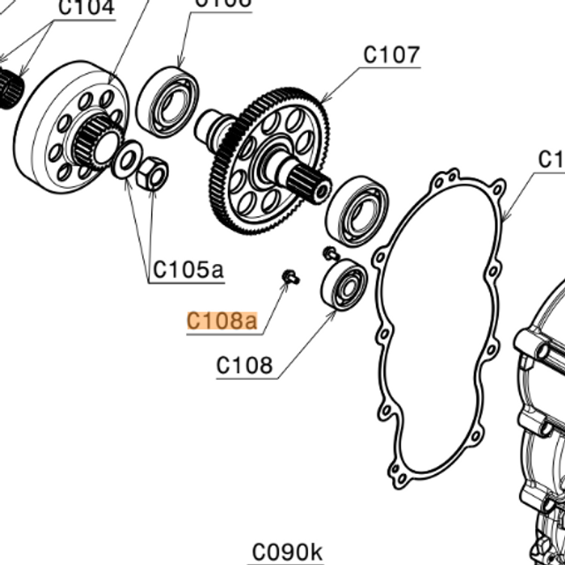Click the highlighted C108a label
click(222, 320)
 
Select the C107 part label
click(391, 55)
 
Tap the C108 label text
click(245, 365)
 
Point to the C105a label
click(188, 269)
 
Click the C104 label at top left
click(86, 9)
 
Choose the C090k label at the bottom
click(286, 552)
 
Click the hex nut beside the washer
click(154, 173)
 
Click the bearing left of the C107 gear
click(168, 101)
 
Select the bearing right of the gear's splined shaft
click(358, 210)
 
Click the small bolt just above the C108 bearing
click(329, 254)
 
